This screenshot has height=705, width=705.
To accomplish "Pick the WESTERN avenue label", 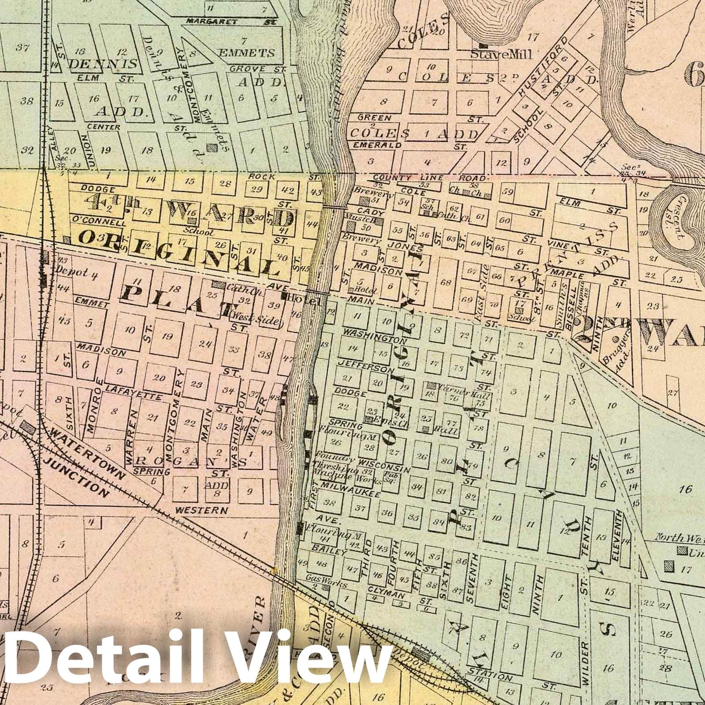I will click(x=201, y=511).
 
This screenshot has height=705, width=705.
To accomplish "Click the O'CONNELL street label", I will click(x=95, y=221).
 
